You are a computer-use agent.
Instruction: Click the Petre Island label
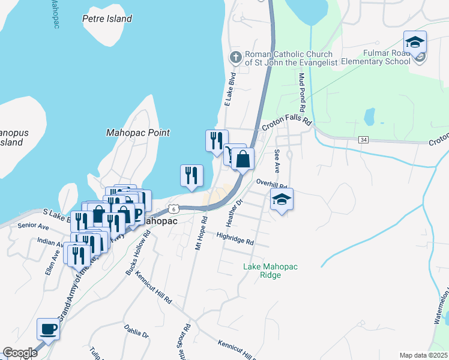point(107,19)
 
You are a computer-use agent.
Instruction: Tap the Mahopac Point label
point(137,133)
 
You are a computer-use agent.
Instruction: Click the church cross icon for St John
point(236,58)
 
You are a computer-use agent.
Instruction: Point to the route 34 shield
point(363,139)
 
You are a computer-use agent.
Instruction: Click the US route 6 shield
point(173,208)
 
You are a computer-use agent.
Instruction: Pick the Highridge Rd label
point(235,239)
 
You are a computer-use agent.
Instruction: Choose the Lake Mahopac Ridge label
point(270,271)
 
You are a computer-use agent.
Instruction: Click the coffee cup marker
point(48,329)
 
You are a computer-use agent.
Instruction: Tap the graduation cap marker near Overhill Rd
point(280,200)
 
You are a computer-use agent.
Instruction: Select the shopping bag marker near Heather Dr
point(243,160)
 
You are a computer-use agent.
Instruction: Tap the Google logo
point(20,353)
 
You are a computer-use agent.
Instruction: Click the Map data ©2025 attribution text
point(423,355)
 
